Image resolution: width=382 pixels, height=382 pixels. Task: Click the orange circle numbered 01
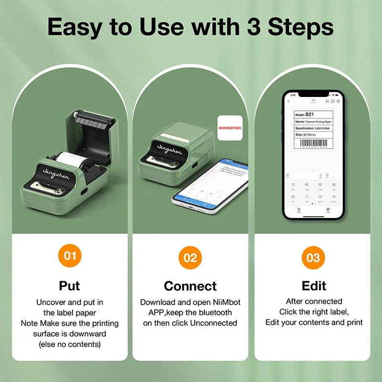pyautogui.click(x=70, y=256)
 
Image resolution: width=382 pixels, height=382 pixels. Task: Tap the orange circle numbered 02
pyautogui.click(x=190, y=258)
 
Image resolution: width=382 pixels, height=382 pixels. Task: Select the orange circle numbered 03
pyautogui.click(x=313, y=258)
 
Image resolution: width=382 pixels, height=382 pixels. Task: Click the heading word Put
pyautogui.click(x=69, y=286)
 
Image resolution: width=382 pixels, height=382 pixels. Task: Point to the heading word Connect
pyautogui.click(x=190, y=286)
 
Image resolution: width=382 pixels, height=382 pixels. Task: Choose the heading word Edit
pyautogui.click(x=314, y=286)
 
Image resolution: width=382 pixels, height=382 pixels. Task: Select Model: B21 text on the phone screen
pyautogui.click(x=306, y=115)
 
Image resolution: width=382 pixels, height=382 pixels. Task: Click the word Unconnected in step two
pyautogui.click(x=213, y=323)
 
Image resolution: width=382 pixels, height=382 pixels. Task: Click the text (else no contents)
pyautogui.click(x=69, y=344)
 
